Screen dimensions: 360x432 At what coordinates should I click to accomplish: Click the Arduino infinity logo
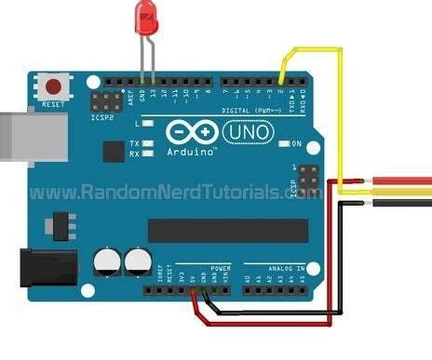click(190, 132)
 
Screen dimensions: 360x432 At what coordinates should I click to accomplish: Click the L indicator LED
click(150, 123)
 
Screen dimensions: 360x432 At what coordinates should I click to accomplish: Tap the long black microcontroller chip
click(228, 229)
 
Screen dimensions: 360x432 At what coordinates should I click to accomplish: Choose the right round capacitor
click(139, 261)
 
